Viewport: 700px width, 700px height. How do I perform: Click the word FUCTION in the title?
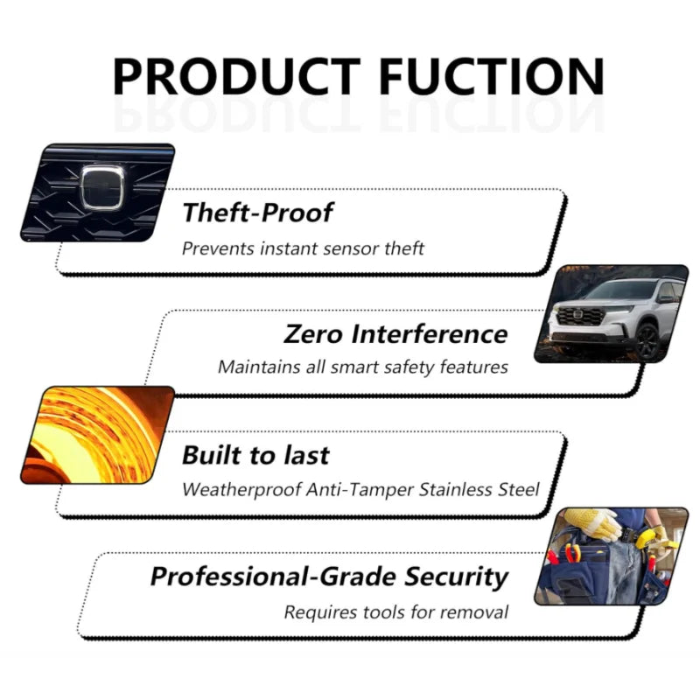pyautogui.click(x=492, y=76)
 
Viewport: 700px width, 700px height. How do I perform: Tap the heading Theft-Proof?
pyautogui.click(x=257, y=213)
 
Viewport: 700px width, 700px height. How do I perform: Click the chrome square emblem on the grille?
pyautogui.click(x=102, y=187)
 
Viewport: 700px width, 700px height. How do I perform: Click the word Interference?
pyautogui.click(x=430, y=334)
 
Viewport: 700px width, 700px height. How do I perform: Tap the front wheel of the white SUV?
pyautogui.click(x=647, y=341)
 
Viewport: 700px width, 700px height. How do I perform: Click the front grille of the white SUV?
pyautogui.click(x=579, y=316)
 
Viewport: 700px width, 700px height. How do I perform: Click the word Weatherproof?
pyautogui.click(x=241, y=490)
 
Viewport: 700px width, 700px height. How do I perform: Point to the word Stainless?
pyautogui.click(x=456, y=490)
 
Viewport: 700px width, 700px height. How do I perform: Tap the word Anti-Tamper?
pyautogui.click(x=360, y=490)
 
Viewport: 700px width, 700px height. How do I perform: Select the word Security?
pyautogui.click(x=456, y=577)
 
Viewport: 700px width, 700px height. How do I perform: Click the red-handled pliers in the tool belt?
pyautogui.click(x=572, y=554)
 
